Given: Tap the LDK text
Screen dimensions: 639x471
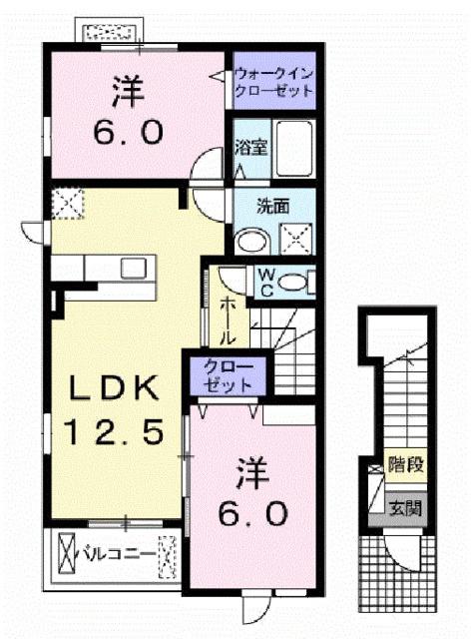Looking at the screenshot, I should (113, 386).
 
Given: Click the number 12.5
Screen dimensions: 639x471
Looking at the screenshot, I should (113, 431).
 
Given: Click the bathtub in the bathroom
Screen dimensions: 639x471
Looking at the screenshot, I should (294, 148).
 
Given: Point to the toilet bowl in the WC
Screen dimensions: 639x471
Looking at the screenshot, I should (294, 284).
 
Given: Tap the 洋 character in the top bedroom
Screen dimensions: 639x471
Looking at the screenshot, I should (126, 91).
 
